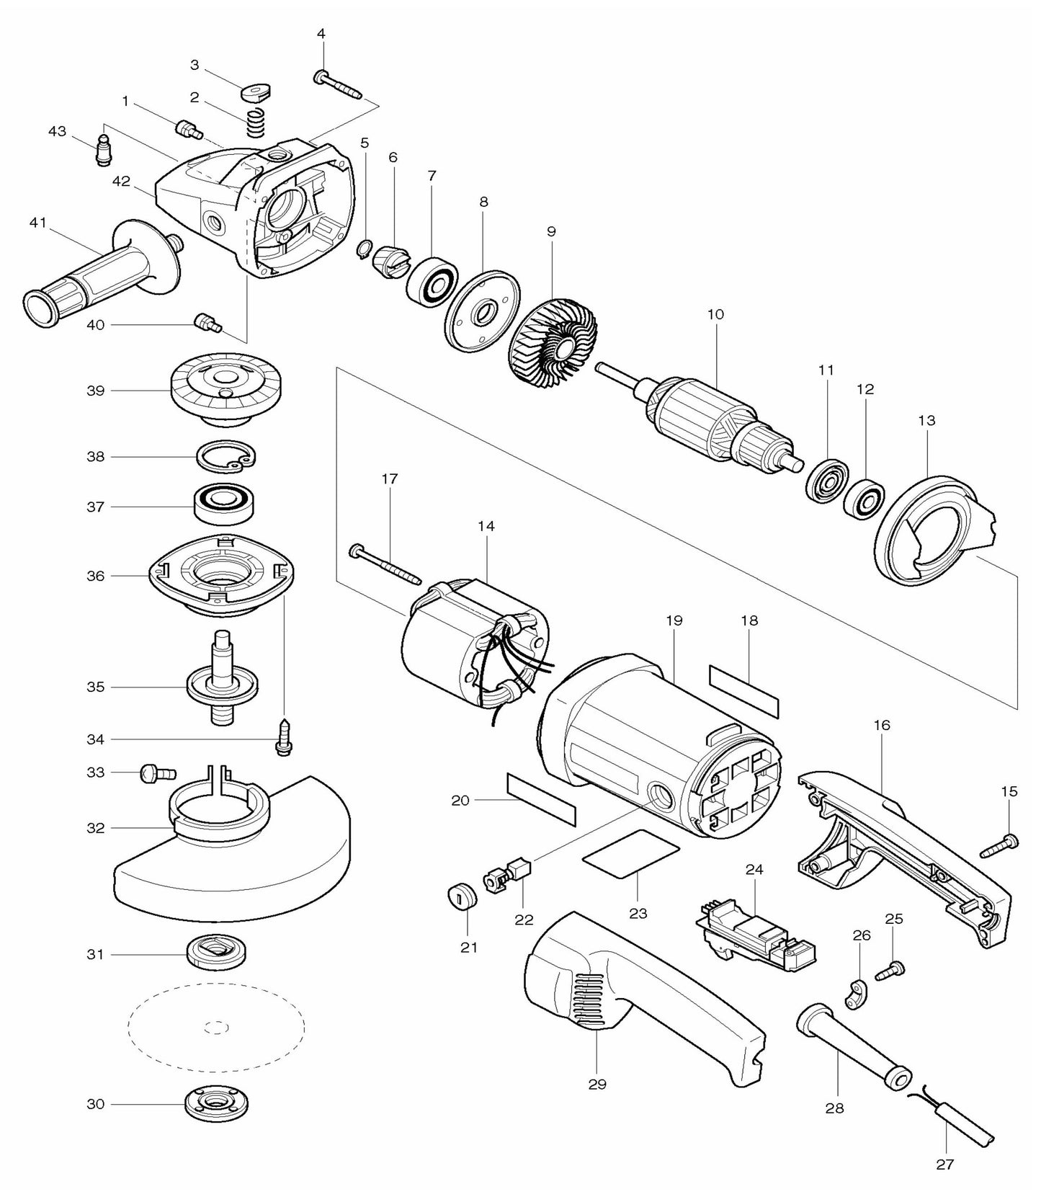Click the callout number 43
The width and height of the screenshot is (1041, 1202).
click(57, 131)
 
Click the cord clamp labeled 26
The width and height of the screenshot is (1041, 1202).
click(857, 996)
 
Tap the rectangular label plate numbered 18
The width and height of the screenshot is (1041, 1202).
click(744, 690)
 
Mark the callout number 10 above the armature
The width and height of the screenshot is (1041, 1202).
click(715, 314)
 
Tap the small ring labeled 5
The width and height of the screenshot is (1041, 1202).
click(365, 249)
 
